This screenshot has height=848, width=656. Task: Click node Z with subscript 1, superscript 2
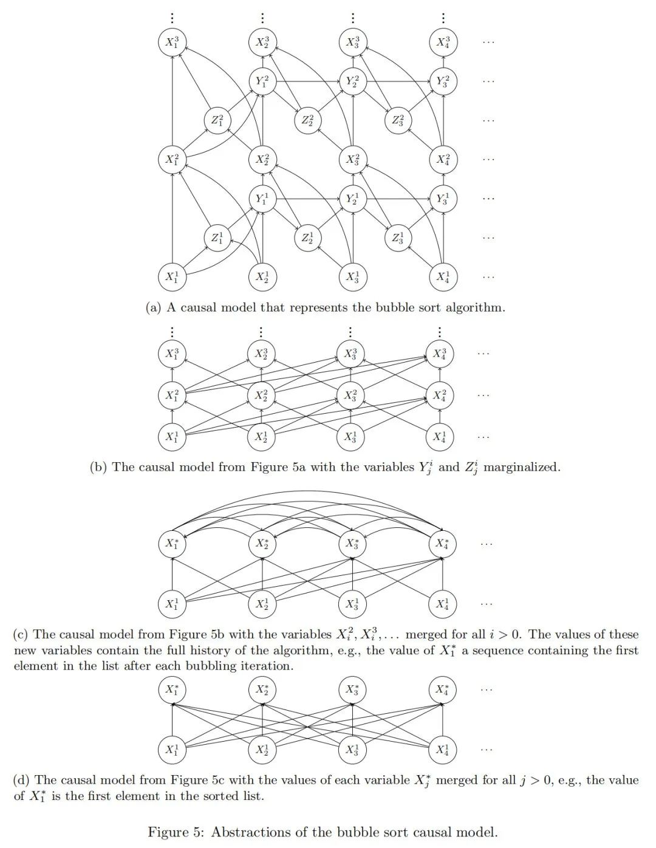(217, 120)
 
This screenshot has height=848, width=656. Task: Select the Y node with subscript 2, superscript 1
(352, 199)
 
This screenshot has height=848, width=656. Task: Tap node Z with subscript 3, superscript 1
(397, 238)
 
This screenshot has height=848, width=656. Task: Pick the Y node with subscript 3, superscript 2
(443, 81)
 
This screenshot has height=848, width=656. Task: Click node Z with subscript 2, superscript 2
(307, 120)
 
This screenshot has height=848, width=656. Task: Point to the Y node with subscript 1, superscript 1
(262, 199)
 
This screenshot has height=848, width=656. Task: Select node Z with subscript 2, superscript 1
(307, 238)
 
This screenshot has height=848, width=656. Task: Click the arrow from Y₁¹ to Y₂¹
(307, 199)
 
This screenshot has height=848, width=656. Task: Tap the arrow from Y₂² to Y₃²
(397, 81)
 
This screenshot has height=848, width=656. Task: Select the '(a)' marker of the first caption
(154, 307)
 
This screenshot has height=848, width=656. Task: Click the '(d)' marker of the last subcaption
(22, 781)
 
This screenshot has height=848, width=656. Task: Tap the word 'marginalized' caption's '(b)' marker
(98, 467)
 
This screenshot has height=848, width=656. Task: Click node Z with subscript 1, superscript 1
(217, 238)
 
